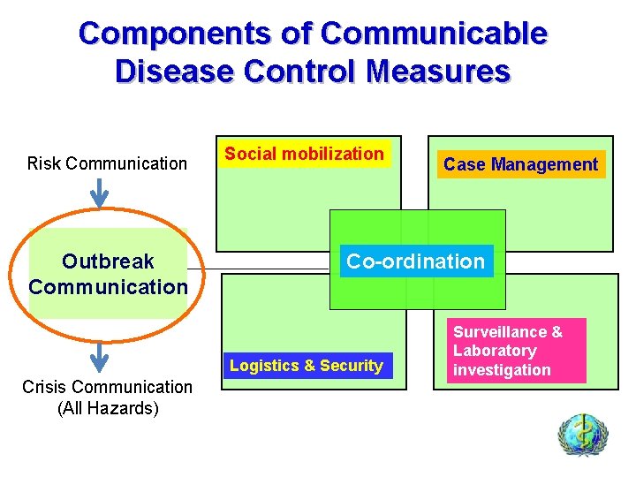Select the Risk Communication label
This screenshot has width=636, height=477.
click(x=107, y=163)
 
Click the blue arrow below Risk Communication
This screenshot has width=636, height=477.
click(x=100, y=193)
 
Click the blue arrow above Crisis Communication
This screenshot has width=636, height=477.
click(x=100, y=356)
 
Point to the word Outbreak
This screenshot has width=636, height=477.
click(x=108, y=261)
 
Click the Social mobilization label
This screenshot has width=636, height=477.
click(x=304, y=154)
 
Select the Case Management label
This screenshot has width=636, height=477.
click(x=520, y=164)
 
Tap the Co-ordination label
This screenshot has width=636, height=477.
click(x=416, y=261)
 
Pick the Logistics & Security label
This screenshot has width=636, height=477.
click(x=306, y=366)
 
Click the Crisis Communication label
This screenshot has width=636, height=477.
click(x=107, y=386)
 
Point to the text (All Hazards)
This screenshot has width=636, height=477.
click(x=107, y=407)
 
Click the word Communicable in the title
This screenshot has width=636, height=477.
click(x=434, y=34)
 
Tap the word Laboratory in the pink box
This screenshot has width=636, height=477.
click(x=495, y=351)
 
